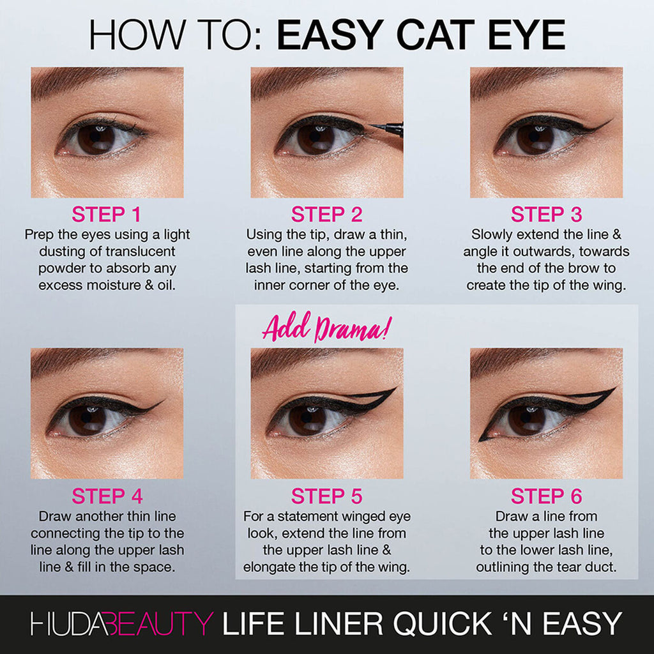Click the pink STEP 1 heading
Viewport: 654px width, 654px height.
[107, 214]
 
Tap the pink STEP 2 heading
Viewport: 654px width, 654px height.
[326, 214]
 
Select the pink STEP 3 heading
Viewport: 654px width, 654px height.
[546, 214]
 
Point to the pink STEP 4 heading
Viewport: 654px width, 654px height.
[107, 496]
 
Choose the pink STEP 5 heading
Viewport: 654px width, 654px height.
[326, 496]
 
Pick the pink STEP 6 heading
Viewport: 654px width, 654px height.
[546, 496]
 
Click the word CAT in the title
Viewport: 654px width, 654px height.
[420, 36]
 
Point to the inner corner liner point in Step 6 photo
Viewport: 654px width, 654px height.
[481, 439]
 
